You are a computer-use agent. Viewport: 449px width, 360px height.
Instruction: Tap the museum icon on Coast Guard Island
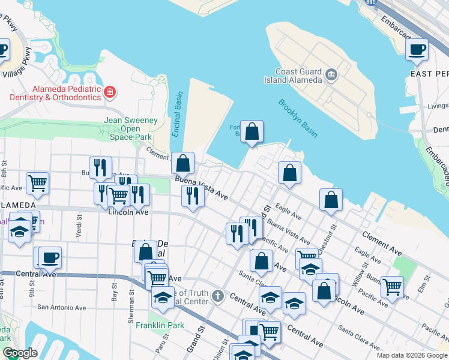pyautogui.click(x=331, y=74)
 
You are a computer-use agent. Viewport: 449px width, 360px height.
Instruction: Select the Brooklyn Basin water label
pyautogui.click(x=298, y=118)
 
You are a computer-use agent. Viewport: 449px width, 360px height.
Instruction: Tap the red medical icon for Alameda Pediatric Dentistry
pyautogui.click(x=110, y=92)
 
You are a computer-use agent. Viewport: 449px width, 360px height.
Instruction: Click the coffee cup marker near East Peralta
pyautogui.click(x=417, y=50)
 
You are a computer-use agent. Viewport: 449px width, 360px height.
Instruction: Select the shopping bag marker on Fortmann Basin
pyautogui.click(x=252, y=131)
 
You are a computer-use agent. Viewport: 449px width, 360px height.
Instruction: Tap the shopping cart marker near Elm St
pyautogui.click(x=392, y=287)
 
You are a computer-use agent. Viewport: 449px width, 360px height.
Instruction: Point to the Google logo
pyautogui.click(x=20, y=353)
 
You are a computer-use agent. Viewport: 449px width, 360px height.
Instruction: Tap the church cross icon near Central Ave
pyautogui.click(x=218, y=296)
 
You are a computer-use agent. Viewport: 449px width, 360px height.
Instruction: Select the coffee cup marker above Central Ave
pyautogui.click(x=50, y=258)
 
